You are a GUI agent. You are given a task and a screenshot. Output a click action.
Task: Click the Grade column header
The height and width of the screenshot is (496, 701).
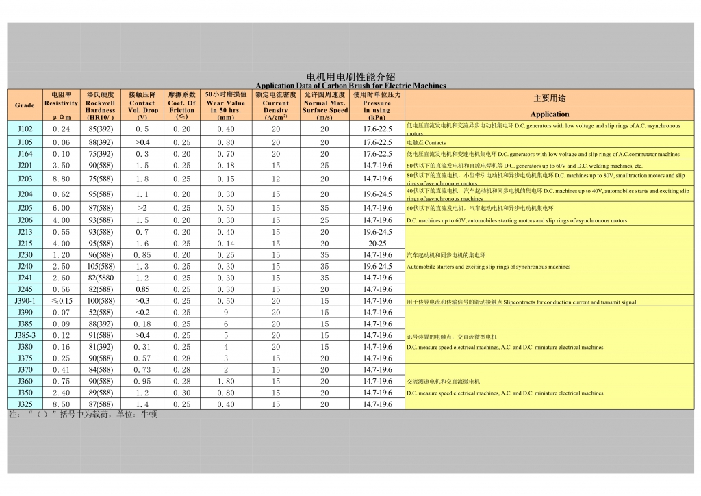coord(25,105)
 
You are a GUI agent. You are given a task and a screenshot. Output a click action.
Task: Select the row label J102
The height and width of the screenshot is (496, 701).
coord(25,129)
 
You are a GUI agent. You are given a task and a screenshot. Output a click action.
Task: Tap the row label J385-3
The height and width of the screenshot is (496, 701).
coord(25,335)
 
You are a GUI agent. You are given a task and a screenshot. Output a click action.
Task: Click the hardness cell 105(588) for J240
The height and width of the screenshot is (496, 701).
coord(101,266)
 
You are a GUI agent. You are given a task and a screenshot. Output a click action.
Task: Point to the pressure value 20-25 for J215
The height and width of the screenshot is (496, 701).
coord(377,243)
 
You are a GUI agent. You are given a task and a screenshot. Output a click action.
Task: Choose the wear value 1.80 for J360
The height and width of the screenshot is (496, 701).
coord(225,381)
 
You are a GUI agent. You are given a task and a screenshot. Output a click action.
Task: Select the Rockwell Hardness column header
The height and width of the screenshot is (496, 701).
coord(101,105)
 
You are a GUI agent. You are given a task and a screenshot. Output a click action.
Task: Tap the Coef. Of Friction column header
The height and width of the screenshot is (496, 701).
coord(181,105)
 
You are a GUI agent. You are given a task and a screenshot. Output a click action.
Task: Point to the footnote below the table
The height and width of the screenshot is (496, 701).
coord(82,415)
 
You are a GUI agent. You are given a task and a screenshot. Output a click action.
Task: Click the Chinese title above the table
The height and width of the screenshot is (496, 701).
coord(350,77)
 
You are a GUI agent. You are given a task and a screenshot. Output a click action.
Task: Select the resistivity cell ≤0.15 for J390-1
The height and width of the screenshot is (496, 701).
coord(61,301)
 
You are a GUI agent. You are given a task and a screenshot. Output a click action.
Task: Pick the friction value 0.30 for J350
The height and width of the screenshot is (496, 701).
coord(181,393)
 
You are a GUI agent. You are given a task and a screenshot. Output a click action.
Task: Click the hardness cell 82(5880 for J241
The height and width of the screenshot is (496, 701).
coord(101,278)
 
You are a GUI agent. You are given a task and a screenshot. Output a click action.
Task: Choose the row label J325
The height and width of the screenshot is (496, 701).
coord(25,404)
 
